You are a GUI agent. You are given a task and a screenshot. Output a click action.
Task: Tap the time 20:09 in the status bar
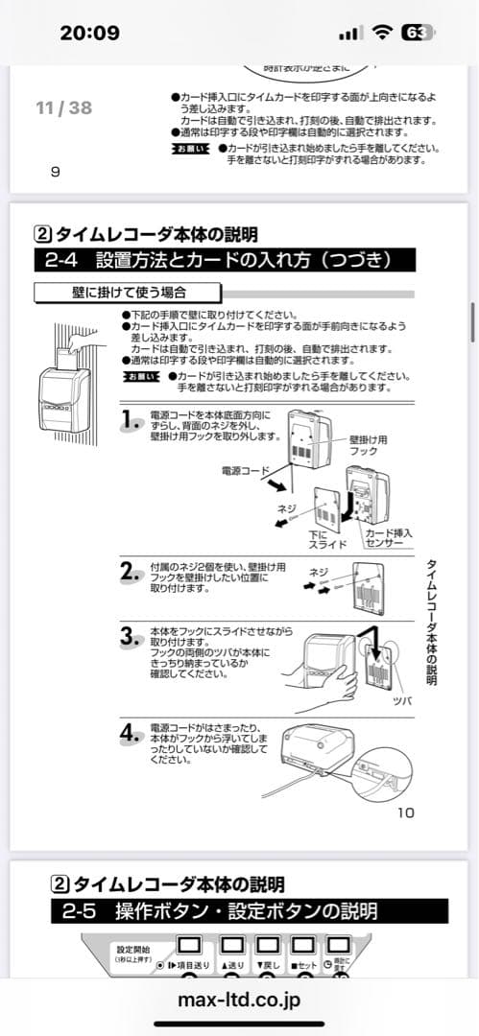click(x=89, y=33)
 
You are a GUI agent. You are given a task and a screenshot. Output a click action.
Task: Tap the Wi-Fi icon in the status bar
click(x=383, y=33)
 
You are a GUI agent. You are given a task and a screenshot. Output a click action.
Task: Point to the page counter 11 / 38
click(x=63, y=107)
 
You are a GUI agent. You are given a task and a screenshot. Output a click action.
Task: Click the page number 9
click(x=55, y=172)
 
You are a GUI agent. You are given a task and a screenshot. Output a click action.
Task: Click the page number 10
click(x=405, y=812)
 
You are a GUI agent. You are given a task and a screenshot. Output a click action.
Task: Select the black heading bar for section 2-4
click(x=226, y=260)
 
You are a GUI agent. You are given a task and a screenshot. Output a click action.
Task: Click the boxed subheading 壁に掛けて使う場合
click(x=128, y=292)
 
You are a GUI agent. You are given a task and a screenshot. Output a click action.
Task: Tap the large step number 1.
click(x=132, y=419)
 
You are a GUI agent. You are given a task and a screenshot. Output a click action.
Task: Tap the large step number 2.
click(x=132, y=573)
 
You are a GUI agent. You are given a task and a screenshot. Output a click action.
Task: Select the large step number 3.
click(x=132, y=637)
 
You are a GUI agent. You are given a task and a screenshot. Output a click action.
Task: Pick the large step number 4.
click(x=132, y=735)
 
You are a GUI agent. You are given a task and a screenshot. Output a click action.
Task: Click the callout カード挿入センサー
click(x=388, y=537)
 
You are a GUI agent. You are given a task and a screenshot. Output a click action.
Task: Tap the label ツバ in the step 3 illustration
click(x=402, y=700)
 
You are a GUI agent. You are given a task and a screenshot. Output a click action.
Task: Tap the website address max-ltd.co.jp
click(x=239, y=1000)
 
